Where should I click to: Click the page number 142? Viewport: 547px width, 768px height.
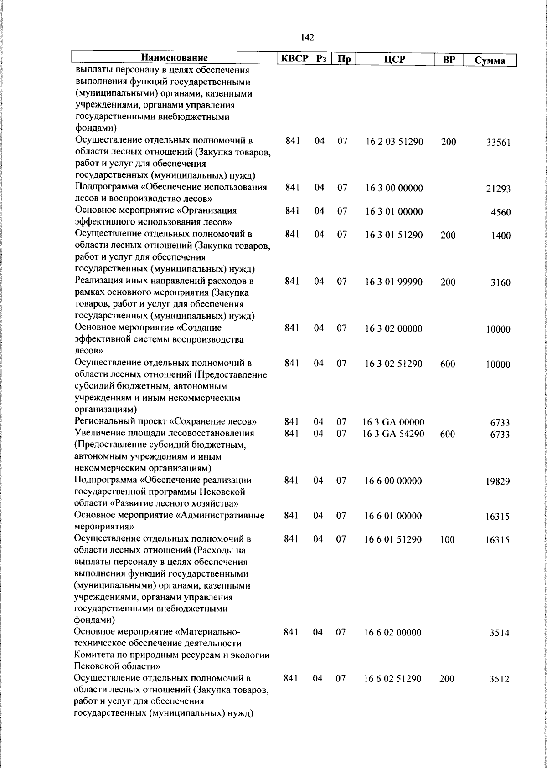(308, 37)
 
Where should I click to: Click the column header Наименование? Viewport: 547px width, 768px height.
(175, 58)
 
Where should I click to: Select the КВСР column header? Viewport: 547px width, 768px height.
(294, 59)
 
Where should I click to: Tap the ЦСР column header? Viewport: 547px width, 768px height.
(395, 60)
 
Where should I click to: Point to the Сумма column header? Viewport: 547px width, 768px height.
(490, 61)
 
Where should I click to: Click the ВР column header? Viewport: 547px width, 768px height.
(449, 60)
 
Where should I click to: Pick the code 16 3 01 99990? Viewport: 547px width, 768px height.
(394, 282)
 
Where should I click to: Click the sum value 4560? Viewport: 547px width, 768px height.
(501, 213)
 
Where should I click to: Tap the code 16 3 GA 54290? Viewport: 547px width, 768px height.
(393, 434)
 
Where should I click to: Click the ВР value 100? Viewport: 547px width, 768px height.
(448, 540)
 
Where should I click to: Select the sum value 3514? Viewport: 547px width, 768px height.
(500, 633)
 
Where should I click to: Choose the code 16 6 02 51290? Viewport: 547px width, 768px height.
(392, 679)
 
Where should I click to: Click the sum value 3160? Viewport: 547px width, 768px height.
(500, 283)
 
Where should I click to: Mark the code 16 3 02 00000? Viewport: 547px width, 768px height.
(394, 329)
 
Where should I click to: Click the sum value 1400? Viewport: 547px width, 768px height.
(501, 236)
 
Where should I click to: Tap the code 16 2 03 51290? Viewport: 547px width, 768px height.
(394, 142)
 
